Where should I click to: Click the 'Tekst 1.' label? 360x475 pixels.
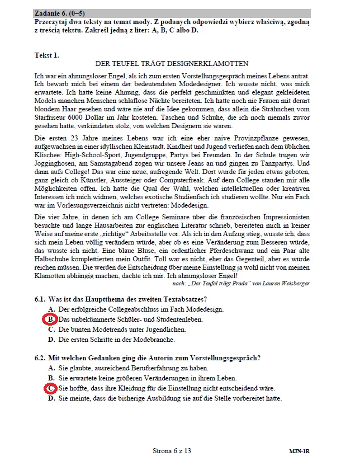[46, 55]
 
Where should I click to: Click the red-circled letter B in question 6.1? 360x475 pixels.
[50, 319]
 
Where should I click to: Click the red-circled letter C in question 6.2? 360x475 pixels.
[50, 388]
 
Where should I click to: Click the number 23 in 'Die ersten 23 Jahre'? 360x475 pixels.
[77, 138]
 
